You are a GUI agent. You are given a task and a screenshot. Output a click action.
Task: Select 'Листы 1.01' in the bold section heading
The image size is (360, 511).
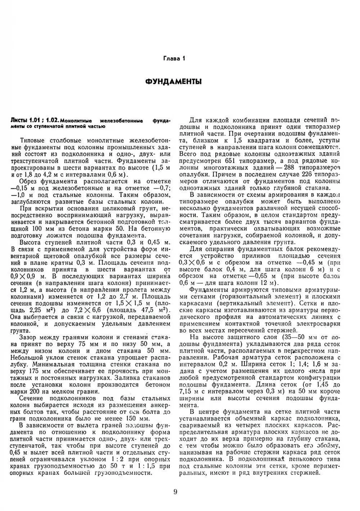(x=27, y=120)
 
